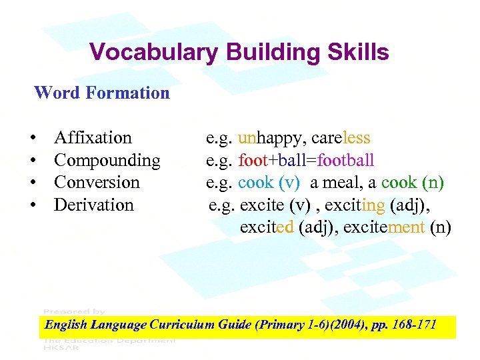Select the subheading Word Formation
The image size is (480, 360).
(x=102, y=93)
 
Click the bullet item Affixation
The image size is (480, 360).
(x=93, y=138)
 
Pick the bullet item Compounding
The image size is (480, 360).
(x=107, y=161)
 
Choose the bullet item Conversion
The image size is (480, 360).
(x=97, y=183)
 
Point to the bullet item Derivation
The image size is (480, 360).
(x=94, y=205)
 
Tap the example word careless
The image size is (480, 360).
(x=341, y=138)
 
